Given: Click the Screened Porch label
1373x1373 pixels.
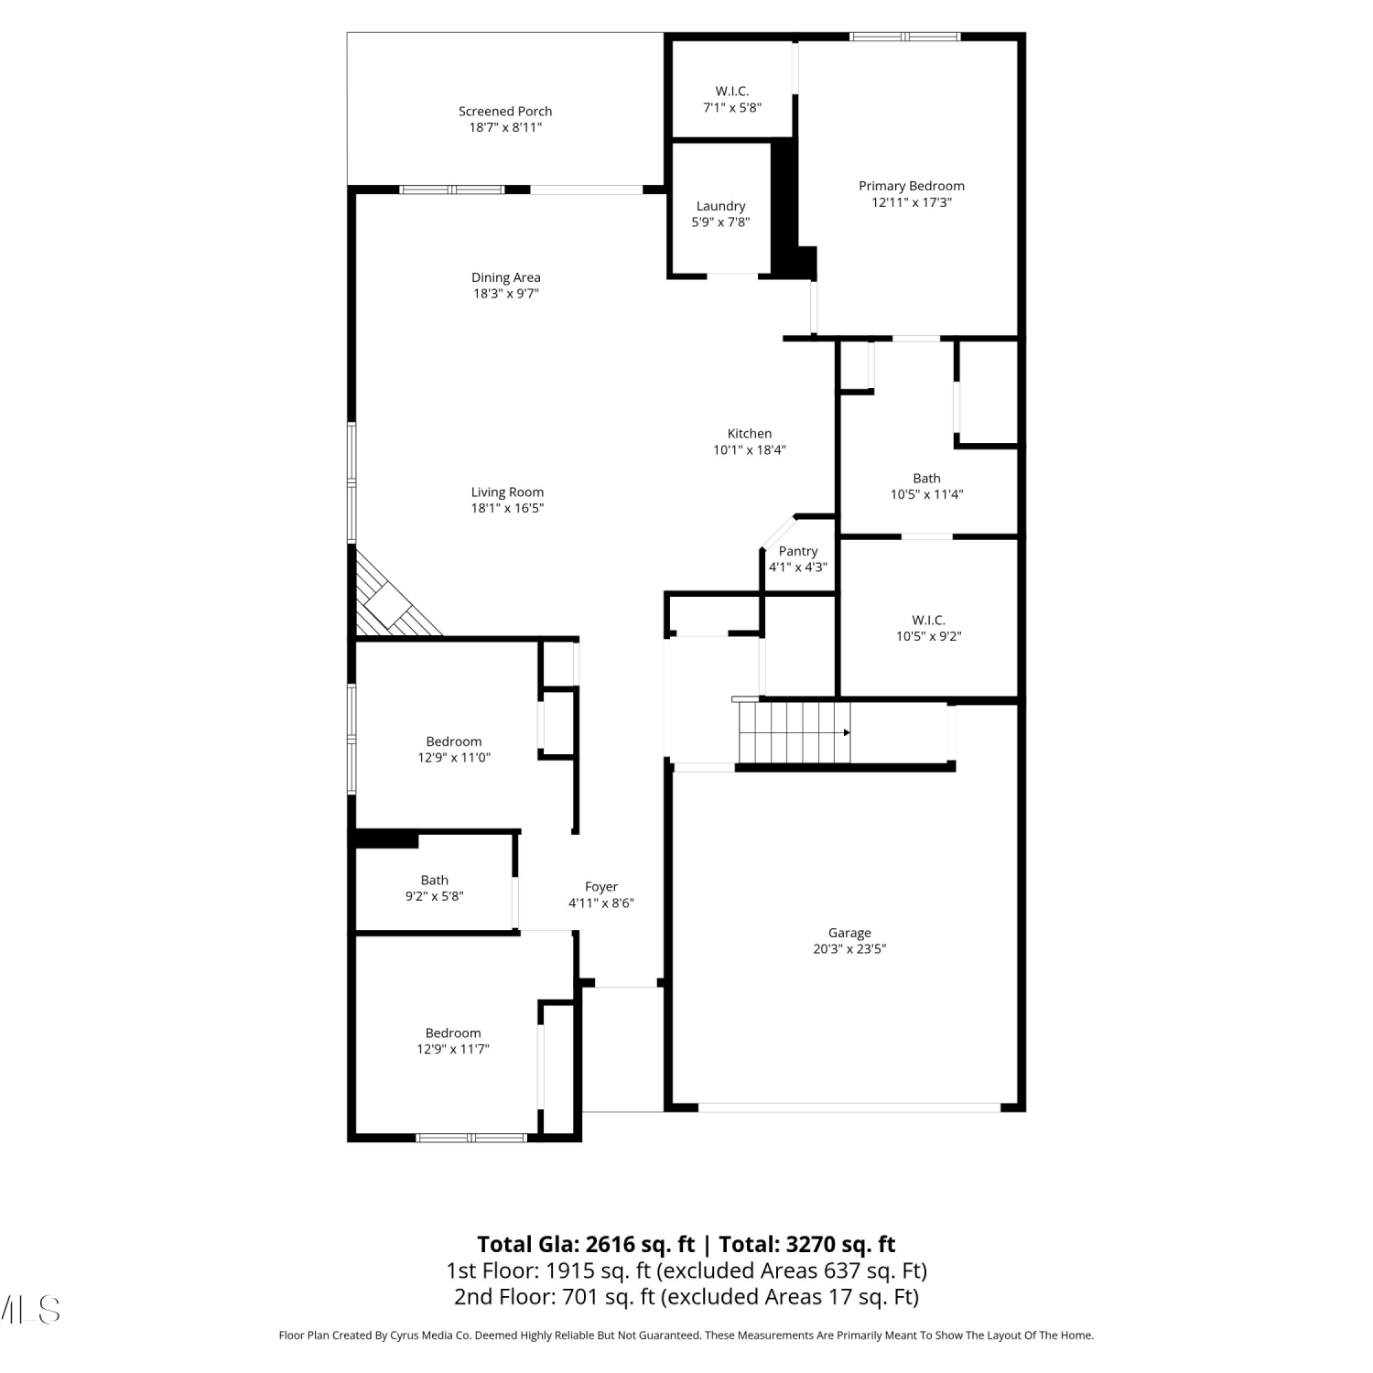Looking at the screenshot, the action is [505, 112].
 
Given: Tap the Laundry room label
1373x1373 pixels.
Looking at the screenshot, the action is [720, 206].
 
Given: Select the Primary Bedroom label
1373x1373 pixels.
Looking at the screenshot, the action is [911, 186].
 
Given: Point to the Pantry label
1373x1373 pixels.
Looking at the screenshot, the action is [798, 551].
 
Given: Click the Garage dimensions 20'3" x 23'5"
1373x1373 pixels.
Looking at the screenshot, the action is [849, 949].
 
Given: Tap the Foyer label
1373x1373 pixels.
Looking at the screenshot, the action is [601, 887].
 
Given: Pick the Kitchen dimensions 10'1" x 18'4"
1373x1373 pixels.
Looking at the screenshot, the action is [750, 450].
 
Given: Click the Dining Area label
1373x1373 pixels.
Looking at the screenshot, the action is [506, 277].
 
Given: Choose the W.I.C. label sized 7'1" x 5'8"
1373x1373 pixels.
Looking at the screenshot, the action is [732, 92].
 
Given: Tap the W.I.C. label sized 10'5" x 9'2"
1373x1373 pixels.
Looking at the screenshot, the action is [928, 621].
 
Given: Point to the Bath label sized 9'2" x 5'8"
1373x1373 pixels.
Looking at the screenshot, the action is [435, 881].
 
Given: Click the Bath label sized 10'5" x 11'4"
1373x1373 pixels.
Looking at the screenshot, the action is [926, 479].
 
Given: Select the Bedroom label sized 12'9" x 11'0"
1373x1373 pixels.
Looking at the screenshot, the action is [454, 741].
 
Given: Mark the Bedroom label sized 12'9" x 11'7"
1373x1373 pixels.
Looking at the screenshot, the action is [453, 1033].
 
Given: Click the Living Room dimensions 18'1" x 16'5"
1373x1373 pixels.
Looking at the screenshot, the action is [507, 509].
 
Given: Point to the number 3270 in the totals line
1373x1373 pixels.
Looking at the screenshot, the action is [810, 1245].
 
